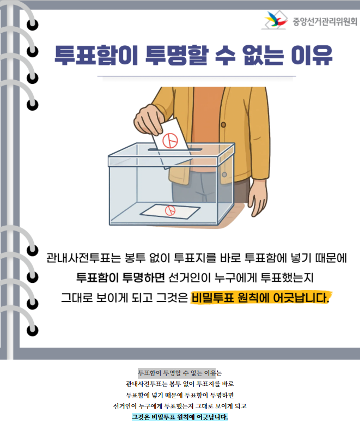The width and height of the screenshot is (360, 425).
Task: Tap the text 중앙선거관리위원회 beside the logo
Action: tap(325, 22)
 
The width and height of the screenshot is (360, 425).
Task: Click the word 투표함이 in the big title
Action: tap(97, 55)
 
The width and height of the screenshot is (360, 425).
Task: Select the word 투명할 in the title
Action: tap(177, 55)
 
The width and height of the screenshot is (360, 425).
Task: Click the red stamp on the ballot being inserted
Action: tap(170, 141)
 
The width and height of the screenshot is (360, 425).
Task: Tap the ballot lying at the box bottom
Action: tap(170, 211)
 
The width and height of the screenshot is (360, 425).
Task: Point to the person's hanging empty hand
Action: tap(257, 196)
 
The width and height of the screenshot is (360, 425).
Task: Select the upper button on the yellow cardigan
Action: tap(223, 125)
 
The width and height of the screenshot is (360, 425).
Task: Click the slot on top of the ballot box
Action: tap(175, 150)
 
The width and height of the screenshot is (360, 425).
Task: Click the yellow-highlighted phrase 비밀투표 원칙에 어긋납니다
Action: tap(260, 298)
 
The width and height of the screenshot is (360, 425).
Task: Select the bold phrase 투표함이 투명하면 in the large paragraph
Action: tap(120, 277)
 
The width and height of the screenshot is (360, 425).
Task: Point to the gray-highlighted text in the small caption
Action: tap(176, 373)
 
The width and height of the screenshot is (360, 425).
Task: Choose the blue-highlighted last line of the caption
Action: tap(180, 417)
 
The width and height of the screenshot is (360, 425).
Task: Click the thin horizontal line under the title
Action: tap(197, 76)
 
